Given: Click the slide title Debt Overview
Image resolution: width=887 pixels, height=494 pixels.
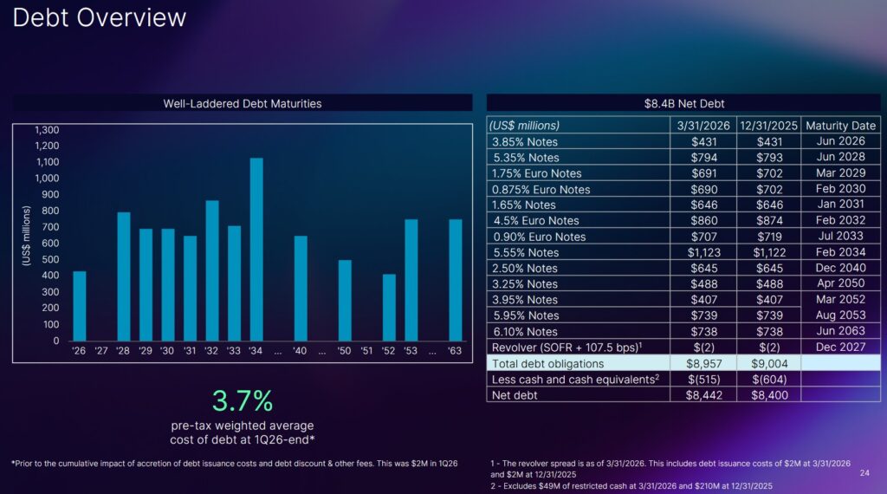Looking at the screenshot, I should pyautogui.click(x=100, y=17).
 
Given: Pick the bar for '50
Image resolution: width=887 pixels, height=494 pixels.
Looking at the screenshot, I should pyautogui.click(x=345, y=300).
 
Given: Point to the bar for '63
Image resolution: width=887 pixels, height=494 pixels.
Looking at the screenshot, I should pyautogui.click(x=455, y=280).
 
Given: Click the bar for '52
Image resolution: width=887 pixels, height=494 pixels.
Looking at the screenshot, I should pyautogui.click(x=389, y=308).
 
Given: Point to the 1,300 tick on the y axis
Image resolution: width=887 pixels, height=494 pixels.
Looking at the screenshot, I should pyautogui.click(x=47, y=130).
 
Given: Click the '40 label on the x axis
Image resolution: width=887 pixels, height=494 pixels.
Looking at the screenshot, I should pyautogui.click(x=300, y=350).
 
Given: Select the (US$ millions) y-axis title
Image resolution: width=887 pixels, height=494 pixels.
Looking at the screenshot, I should pyautogui.click(x=26, y=235).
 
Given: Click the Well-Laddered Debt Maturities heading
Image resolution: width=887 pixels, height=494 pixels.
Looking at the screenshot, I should pyautogui.click(x=243, y=103).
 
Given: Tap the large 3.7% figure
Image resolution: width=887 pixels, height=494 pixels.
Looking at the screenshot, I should pyautogui.click(x=243, y=400).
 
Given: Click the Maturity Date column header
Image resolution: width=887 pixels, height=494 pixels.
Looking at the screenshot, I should pyautogui.click(x=840, y=126).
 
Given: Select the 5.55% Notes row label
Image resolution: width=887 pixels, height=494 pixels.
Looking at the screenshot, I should pyautogui.click(x=526, y=252).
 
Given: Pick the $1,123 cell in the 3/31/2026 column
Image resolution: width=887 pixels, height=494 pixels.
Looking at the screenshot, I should pyautogui.click(x=704, y=252).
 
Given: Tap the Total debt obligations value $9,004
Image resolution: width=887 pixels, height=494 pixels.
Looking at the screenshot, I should pyautogui.click(x=768, y=364).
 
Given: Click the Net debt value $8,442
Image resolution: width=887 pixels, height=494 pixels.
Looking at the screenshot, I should pyautogui.click(x=704, y=395).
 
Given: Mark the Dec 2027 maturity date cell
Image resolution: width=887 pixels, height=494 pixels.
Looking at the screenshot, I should pyautogui.click(x=840, y=347).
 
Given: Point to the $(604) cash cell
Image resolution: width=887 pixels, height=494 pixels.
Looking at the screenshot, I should pyautogui.click(x=768, y=380).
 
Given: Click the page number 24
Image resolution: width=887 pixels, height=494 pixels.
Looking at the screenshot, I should pyautogui.click(x=864, y=473).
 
